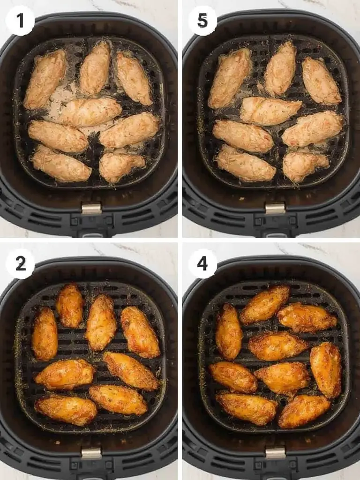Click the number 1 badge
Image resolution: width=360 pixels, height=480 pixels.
point(20,21)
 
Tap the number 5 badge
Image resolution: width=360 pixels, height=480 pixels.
point(202,21)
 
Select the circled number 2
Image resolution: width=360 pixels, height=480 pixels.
point(20,264)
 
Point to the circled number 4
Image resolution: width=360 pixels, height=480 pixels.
point(202,264)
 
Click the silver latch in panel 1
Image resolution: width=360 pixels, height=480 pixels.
point(91,209)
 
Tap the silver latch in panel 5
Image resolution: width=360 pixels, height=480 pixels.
point(275,208)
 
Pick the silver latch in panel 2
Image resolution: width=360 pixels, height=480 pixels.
point(91,453)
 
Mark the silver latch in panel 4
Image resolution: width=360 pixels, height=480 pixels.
point(275,453)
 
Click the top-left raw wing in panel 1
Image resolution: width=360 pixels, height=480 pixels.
point(45,79)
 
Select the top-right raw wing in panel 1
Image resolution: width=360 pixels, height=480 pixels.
point(134,78)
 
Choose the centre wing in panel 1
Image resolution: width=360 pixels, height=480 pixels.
point(90,112)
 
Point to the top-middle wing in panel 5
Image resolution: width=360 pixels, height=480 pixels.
point(280,68)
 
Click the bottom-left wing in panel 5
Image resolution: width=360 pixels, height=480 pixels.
point(245,163)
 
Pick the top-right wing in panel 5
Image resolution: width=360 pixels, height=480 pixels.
point(321,81)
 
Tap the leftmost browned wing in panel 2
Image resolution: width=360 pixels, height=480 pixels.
point(45,333)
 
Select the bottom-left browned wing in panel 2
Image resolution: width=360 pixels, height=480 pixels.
point(66,409)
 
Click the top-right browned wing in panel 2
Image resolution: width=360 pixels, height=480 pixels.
point(140,332)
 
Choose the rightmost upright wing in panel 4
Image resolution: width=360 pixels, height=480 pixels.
point(326,369)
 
